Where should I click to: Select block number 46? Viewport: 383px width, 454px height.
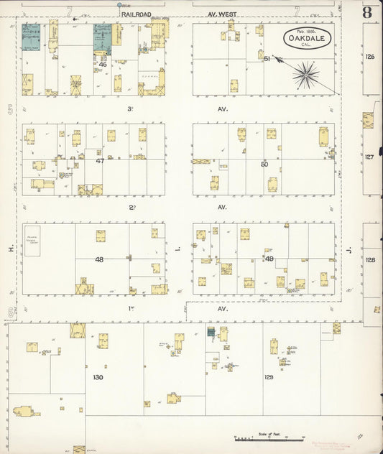click(103, 65)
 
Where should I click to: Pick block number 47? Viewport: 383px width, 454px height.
click(100, 161)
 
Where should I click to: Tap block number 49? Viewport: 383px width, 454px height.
click(269, 259)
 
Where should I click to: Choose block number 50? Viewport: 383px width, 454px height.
click(264, 165)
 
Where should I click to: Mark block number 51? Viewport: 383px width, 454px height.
click(267, 59)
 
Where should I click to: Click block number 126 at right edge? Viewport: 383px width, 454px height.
click(370, 56)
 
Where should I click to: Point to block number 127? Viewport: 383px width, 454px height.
click(370, 157)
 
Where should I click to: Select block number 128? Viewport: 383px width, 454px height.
click(370, 260)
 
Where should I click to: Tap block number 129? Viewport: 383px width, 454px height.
click(269, 377)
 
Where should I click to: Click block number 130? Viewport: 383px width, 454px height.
click(98, 377)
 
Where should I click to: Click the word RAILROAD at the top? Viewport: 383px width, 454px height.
click(137, 13)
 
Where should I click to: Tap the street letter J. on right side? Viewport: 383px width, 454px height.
click(349, 250)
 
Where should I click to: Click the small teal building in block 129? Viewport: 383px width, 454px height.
click(211, 331)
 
